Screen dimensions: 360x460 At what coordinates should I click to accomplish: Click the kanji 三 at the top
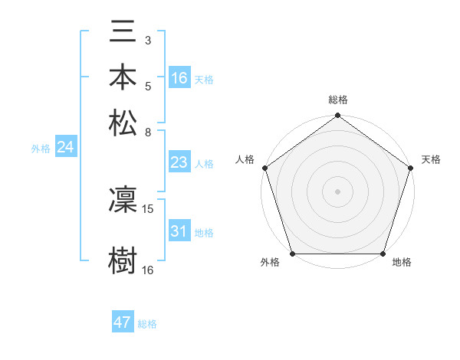[123, 33]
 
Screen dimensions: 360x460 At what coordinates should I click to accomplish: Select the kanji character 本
[123, 78]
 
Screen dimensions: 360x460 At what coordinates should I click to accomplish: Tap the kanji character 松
[123, 123]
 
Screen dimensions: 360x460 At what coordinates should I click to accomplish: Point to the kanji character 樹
[123, 260]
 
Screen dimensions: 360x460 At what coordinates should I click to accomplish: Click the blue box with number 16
[179, 77]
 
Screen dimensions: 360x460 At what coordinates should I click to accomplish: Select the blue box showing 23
[179, 162]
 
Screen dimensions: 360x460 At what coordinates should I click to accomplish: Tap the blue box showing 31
[179, 231]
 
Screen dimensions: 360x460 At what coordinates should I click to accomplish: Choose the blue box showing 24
[65, 148]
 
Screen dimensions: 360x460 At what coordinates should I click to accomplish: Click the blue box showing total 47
[123, 322]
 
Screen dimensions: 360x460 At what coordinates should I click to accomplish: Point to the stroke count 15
[148, 208]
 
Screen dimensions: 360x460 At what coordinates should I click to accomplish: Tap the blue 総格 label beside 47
[147, 324]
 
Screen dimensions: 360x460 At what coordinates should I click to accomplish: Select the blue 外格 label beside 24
[41, 149]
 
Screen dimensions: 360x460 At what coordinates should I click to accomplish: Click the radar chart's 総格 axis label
[337, 100]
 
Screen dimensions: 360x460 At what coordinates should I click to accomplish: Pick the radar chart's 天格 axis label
[431, 159]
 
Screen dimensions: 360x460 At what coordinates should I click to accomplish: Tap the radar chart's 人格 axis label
[245, 159]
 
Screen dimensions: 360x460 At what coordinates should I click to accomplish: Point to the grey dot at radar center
[337, 191]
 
